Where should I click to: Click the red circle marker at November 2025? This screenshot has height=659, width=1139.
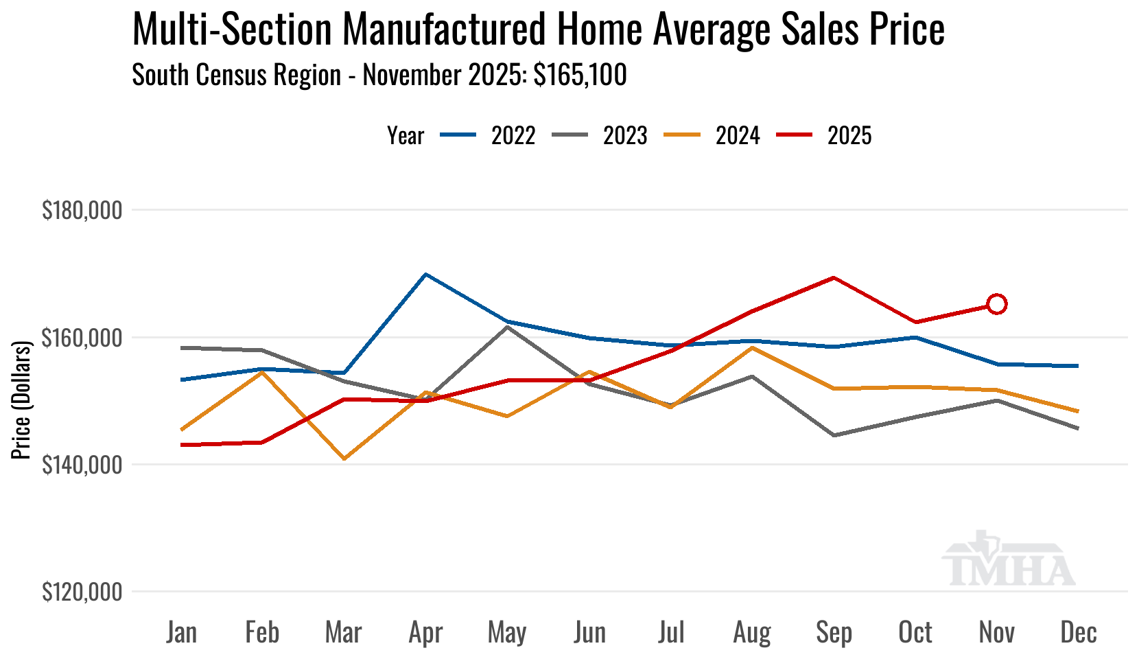(996, 304)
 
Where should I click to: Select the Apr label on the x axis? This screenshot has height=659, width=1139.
(425, 632)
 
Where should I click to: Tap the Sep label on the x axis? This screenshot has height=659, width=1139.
(834, 632)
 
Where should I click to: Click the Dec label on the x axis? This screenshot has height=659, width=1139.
(1079, 632)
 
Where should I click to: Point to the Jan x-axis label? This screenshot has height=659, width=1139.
(181, 632)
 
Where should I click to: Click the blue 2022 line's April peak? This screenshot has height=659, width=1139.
(426, 275)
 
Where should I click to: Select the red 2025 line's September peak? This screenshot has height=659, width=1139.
(834, 278)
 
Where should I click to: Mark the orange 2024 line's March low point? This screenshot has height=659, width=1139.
(344, 459)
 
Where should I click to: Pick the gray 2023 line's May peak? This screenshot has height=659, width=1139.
(508, 327)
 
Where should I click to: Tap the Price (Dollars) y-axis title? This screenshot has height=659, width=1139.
(22, 400)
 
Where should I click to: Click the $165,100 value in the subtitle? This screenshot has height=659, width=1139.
(580, 75)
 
